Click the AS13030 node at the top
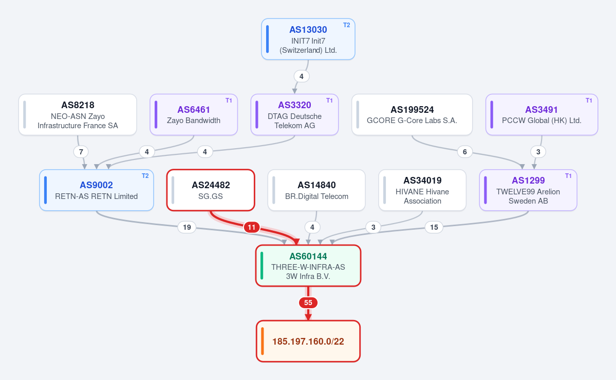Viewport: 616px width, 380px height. tap(308, 39)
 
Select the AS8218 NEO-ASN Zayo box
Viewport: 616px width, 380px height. tap(78, 114)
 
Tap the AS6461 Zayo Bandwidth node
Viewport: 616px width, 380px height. tap(194, 114)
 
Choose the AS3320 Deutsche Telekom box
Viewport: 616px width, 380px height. tap(295, 114)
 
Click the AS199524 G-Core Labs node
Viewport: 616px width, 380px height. tap(412, 114)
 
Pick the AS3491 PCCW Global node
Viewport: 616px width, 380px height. tap(542, 114)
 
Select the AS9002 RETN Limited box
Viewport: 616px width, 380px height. tap(97, 190)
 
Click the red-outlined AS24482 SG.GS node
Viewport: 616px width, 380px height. tap(211, 190)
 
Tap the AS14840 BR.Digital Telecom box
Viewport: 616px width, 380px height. tap(316, 190)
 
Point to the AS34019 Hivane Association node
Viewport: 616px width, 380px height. tap(422, 190)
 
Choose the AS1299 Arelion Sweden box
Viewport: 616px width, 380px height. tap(528, 190)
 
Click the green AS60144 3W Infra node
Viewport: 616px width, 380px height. tap(308, 266)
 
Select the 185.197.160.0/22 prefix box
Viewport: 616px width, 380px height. tap(308, 341)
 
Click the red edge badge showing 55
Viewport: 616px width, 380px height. tap(308, 303)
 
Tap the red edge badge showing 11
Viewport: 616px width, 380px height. tap(252, 227)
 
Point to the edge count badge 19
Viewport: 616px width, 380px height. tap(187, 227)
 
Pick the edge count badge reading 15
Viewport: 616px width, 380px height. tap(434, 227)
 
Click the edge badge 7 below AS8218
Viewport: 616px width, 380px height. tap(81, 152)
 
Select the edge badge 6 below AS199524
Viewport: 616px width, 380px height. tap(465, 152)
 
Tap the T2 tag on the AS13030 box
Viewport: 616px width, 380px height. tap(346, 25)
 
